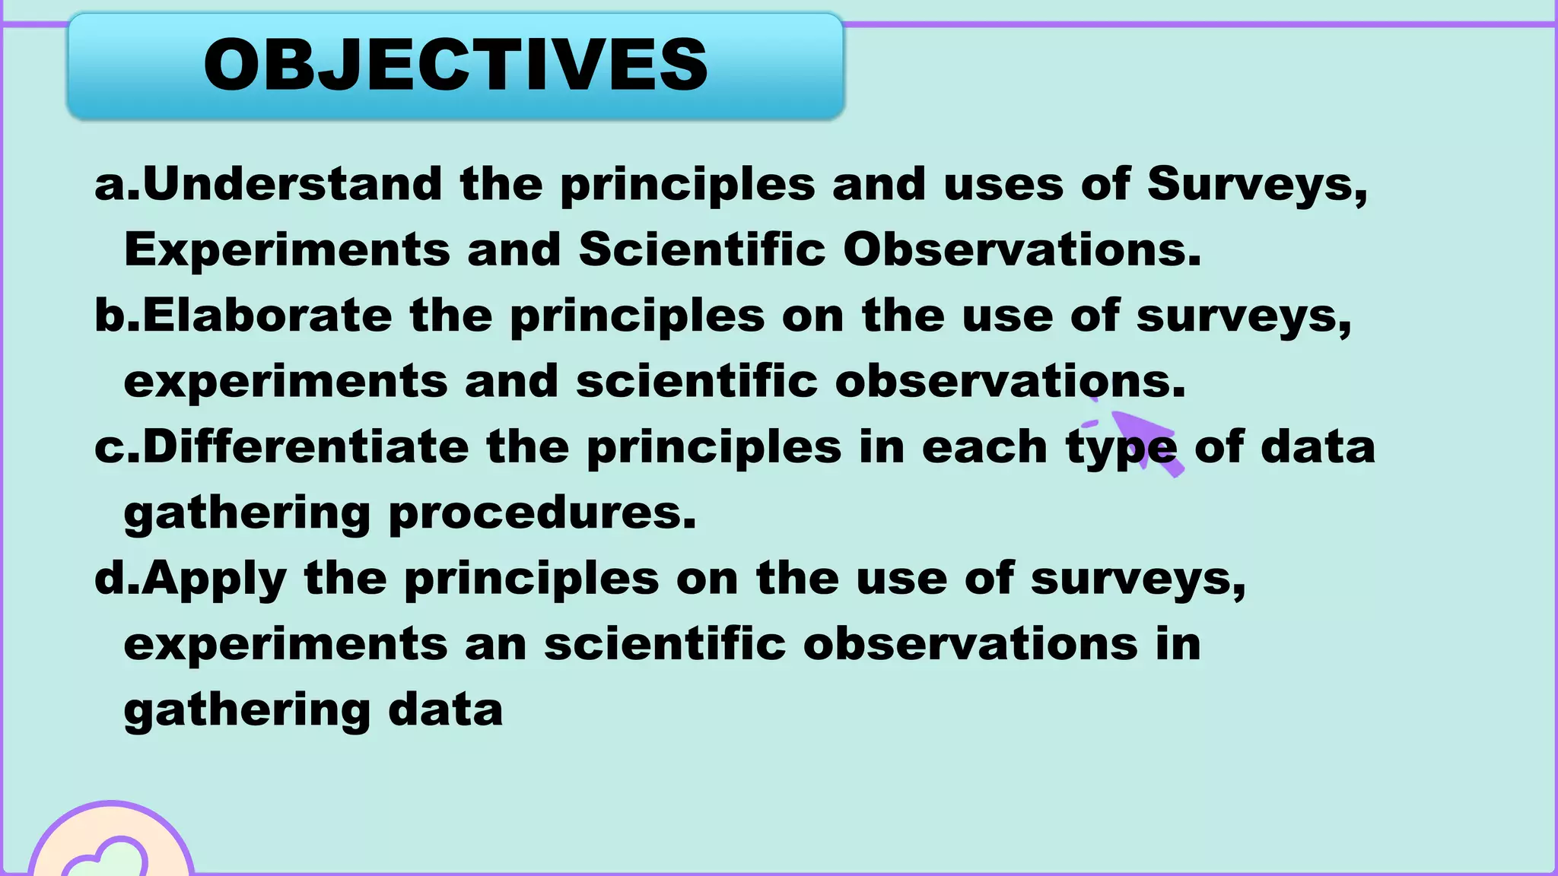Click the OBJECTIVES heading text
(456, 65)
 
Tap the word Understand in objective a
(292, 184)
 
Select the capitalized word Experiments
(287, 250)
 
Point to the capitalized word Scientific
(701, 249)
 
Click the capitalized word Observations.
(1022, 249)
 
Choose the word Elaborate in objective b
(267, 316)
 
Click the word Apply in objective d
(214, 579)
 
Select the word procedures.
(542, 513)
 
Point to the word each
(984, 446)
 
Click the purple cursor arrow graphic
(1145, 441)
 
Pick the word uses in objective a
(1003, 185)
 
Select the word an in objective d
(496, 644)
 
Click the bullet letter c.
(109, 446)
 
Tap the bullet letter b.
(109, 316)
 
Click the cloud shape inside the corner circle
(107, 859)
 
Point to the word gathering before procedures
(246, 514)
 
